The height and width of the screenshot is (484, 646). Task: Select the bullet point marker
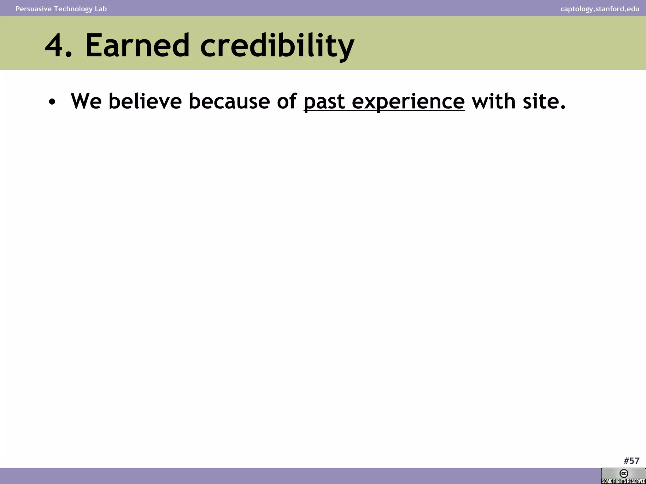[52, 102]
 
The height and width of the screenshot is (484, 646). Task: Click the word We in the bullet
[86, 101]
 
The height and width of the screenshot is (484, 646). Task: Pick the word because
[229, 101]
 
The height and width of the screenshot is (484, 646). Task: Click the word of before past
[287, 101]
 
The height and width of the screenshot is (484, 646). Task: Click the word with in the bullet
[493, 101]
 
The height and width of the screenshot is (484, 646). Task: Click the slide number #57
[631, 461]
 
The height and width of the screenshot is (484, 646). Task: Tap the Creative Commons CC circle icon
[624, 473]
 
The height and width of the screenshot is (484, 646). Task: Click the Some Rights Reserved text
[623, 481]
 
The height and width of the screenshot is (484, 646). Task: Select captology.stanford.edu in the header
[600, 9]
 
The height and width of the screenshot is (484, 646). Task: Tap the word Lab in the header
[101, 9]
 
